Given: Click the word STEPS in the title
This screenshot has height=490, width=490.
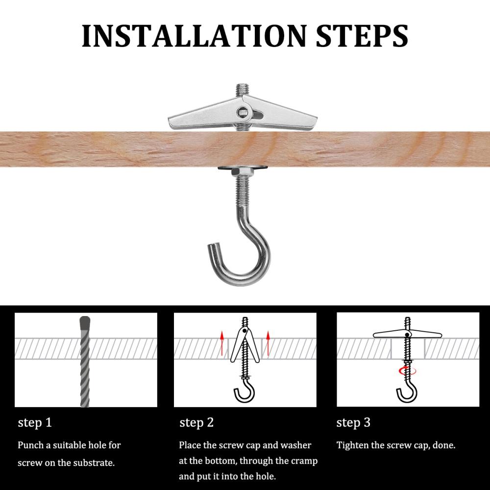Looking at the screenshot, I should coord(362,35).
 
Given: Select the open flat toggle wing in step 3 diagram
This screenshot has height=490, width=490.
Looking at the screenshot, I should coord(407,335).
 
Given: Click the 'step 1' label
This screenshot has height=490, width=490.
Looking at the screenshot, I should coord(35,422).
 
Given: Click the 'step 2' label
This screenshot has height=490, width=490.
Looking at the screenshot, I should coord(196,422).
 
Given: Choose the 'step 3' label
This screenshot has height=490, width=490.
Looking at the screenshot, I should coord(353,422).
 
